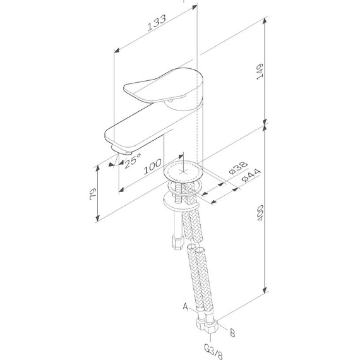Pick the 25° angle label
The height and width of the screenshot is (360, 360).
click(x=132, y=162)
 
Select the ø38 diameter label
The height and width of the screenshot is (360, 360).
click(x=234, y=168)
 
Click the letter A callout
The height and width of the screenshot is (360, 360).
click(x=184, y=308)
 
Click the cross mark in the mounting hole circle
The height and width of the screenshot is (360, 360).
click(x=183, y=171)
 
